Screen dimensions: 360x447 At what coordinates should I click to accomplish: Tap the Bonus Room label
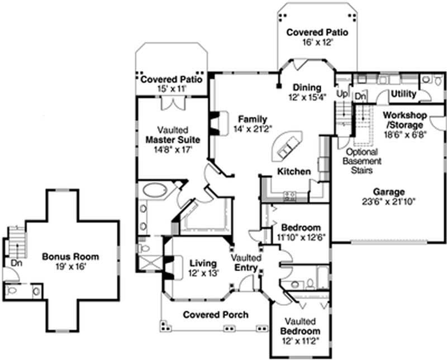(x=70, y=257)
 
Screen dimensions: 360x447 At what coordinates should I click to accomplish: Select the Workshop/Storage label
(x=405, y=120)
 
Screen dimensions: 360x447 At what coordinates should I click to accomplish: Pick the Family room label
(x=253, y=120)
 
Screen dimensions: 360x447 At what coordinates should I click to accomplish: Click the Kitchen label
(x=294, y=171)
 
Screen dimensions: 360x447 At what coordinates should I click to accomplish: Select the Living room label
(x=202, y=263)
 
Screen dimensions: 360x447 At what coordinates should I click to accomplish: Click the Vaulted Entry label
(x=246, y=263)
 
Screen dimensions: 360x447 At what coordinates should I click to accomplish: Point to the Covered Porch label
(x=216, y=315)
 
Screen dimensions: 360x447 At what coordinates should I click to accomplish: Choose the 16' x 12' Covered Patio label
(x=317, y=32)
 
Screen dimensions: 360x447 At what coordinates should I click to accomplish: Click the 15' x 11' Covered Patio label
(x=171, y=79)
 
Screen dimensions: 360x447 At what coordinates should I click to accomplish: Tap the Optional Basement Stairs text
(x=362, y=161)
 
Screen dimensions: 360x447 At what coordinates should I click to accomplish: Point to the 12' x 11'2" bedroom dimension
(x=301, y=340)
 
